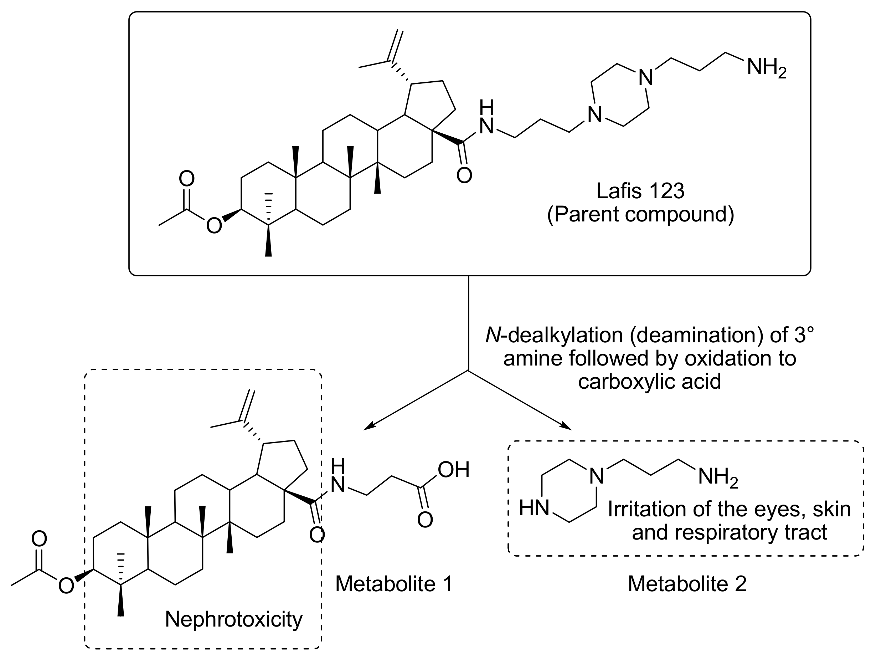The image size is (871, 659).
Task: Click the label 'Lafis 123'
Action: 641,191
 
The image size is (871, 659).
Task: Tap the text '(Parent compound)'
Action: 641,215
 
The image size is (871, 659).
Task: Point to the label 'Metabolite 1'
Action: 394,583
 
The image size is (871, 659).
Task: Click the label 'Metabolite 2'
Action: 687,583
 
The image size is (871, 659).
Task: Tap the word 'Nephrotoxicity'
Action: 233,619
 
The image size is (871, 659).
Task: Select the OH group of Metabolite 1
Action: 453,470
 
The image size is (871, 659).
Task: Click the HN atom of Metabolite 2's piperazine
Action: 534,508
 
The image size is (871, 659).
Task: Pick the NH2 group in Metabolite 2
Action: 717,478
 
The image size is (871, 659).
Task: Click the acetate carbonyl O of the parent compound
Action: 187,179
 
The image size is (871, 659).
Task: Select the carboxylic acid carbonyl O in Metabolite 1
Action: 425,520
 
